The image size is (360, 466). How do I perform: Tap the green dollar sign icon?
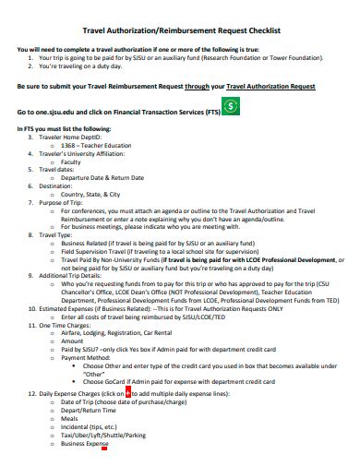click(x=234, y=107)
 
